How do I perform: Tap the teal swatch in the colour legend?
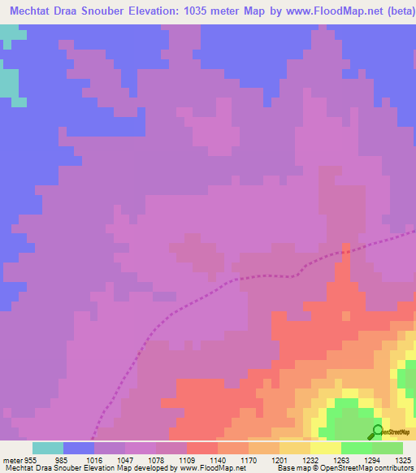click(x=48, y=447)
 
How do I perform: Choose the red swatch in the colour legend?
click(x=202, y=447)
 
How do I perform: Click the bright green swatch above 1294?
click(x=357, y=447)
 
